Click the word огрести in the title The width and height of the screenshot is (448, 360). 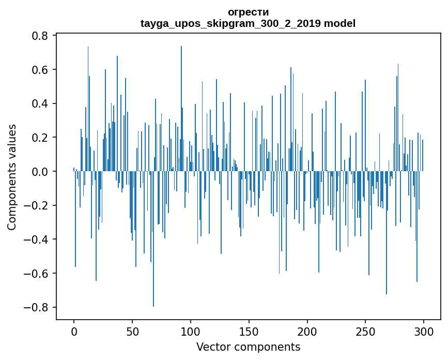click(x=248, y=12)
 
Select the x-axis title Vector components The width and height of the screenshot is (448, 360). click(x=248, y=347)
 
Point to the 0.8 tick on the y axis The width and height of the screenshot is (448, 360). click(x=42, y=36)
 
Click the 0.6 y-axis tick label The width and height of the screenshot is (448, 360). click(x=42, y=70)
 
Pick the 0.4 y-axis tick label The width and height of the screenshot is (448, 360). click(x=42, y=103)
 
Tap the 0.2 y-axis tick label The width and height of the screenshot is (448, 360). click(x=42, y=138)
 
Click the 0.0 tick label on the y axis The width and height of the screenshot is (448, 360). click(x=42, y=172)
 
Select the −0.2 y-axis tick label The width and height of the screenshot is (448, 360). click(x=38, y=205)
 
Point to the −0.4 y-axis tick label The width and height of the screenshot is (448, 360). click(x=38, y=239)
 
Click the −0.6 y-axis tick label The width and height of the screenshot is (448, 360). click(x=38, y=274)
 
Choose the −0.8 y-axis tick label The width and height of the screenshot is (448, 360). click(x=38, y=307)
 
